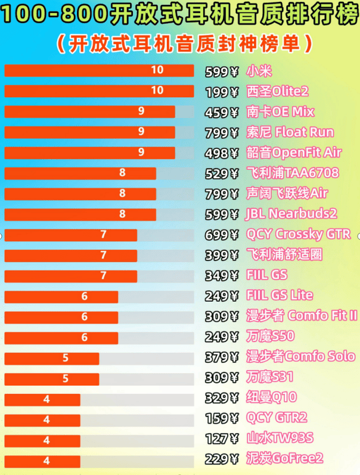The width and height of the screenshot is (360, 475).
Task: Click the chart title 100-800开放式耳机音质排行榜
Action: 179,16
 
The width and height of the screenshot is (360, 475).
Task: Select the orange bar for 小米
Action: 99,70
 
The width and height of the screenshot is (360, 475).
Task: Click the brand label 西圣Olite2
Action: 277,92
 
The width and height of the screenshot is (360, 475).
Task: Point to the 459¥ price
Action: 221,113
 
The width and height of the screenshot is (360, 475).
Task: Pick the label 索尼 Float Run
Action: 290,132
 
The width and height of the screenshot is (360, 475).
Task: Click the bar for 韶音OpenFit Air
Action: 89,153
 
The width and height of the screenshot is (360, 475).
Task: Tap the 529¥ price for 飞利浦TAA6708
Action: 221,173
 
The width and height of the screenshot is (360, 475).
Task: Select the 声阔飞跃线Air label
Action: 287,194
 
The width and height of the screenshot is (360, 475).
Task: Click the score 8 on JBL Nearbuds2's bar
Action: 122,214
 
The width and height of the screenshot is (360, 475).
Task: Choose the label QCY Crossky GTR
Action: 298,234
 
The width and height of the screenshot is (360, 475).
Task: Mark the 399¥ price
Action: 221,255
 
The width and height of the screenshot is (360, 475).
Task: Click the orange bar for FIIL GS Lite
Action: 61,296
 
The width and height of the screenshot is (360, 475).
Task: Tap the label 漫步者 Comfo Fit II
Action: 302,316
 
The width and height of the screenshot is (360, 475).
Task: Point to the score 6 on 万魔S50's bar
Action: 85,337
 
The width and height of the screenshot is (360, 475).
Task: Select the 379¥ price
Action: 221,358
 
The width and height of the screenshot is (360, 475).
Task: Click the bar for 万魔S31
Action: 52,378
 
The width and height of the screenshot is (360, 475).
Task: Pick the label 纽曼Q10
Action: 271,398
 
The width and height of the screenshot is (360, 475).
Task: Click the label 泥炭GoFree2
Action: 284,458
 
